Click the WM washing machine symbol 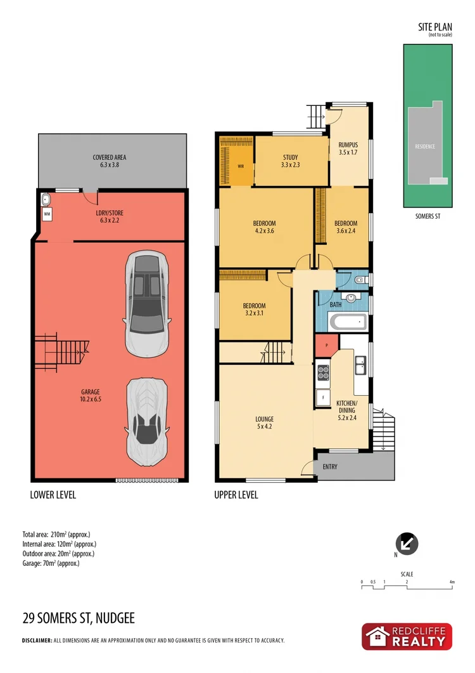click(x=47, y=215)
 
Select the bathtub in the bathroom click(x=347, y=322)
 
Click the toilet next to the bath click(x=359, y=279)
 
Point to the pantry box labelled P click(x=326, y=346)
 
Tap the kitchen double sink click(x=360, y=363)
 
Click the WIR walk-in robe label click(x=241, y=166)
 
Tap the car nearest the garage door click(x=148, y=421)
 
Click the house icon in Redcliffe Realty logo click(x=378, y=637)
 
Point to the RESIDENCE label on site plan click(x=425, y=147)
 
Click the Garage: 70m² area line click(x=51, y=563)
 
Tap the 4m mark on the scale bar click(x=452, y=582)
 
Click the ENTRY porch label click(x=330, y=467)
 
